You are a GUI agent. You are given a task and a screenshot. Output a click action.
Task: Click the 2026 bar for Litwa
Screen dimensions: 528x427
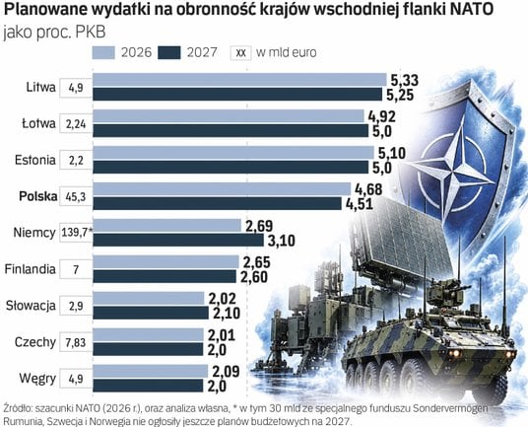(239, 80)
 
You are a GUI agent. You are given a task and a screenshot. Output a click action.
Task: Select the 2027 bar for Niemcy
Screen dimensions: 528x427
(178, 240)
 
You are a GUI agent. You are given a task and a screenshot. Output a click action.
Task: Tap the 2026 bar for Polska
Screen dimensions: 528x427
(222, 188)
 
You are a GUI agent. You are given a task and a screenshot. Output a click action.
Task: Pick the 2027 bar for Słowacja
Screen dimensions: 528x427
(151, 313)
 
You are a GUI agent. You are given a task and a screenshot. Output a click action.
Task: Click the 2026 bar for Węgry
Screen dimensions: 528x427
(151, 371)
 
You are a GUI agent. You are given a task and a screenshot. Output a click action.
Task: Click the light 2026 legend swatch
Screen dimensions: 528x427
(103, 52)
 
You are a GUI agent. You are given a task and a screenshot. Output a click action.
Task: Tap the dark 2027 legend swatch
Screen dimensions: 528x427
(169, 52)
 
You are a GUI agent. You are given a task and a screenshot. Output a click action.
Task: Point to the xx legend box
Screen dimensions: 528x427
(241, 53)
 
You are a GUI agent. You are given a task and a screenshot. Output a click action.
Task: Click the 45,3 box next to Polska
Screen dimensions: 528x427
(76, 197)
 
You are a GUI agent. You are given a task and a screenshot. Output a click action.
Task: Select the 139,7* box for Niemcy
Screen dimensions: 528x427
(77, 233)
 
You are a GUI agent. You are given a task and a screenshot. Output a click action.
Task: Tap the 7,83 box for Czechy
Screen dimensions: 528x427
(76, 342)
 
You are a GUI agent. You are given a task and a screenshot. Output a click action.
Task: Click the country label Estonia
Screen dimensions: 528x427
(35, 160)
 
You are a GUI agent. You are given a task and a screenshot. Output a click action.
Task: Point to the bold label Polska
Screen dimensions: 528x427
(38, 196)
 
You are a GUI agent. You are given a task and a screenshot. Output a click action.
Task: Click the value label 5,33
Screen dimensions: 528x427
(405, 80)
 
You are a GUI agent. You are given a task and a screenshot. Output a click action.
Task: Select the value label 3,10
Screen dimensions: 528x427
(282, 241)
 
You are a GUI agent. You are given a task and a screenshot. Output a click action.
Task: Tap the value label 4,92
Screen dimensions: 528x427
(382, 116)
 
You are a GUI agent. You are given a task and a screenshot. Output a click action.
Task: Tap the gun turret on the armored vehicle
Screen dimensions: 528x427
(446, 293)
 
